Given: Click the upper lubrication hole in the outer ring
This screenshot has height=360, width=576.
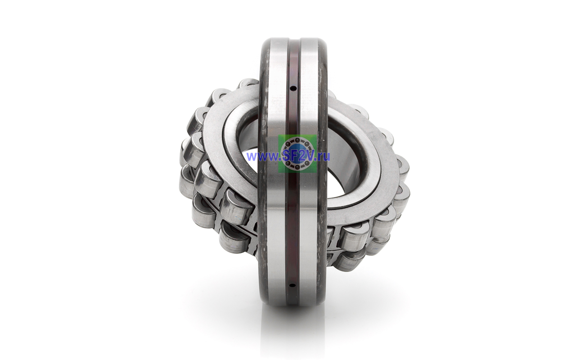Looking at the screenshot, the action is point(293,89).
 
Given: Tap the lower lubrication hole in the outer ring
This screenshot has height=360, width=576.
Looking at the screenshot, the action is point(292,285).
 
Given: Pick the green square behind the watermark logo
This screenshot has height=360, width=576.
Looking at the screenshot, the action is point(297,154).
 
